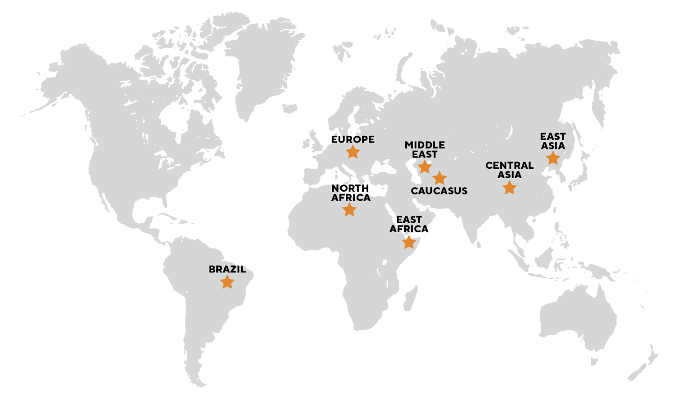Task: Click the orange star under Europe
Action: [x=352, y=152]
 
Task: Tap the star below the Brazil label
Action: [x=227, y=282]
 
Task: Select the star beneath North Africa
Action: [x=349, y=209]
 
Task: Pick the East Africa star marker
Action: [x=408, y=243]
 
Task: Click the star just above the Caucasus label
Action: [x=439, y=178]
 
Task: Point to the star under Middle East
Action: [x=424, y=167]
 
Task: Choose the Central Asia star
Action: [x=509, y=188]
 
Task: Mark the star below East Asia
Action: [x=552, y=158]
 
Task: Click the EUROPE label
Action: [x=352, y=139]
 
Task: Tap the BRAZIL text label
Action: [x=227, y=269]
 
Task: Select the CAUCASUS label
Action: [x=439, y=191]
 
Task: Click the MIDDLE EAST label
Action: [x=424, y=149]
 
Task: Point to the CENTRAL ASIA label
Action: [x=509, y=170]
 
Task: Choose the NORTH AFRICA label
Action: [x=351, y=193]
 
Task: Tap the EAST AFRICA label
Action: [x=409, y=224]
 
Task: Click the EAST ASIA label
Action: [x=552, y=141]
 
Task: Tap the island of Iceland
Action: [x=289, y=108]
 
